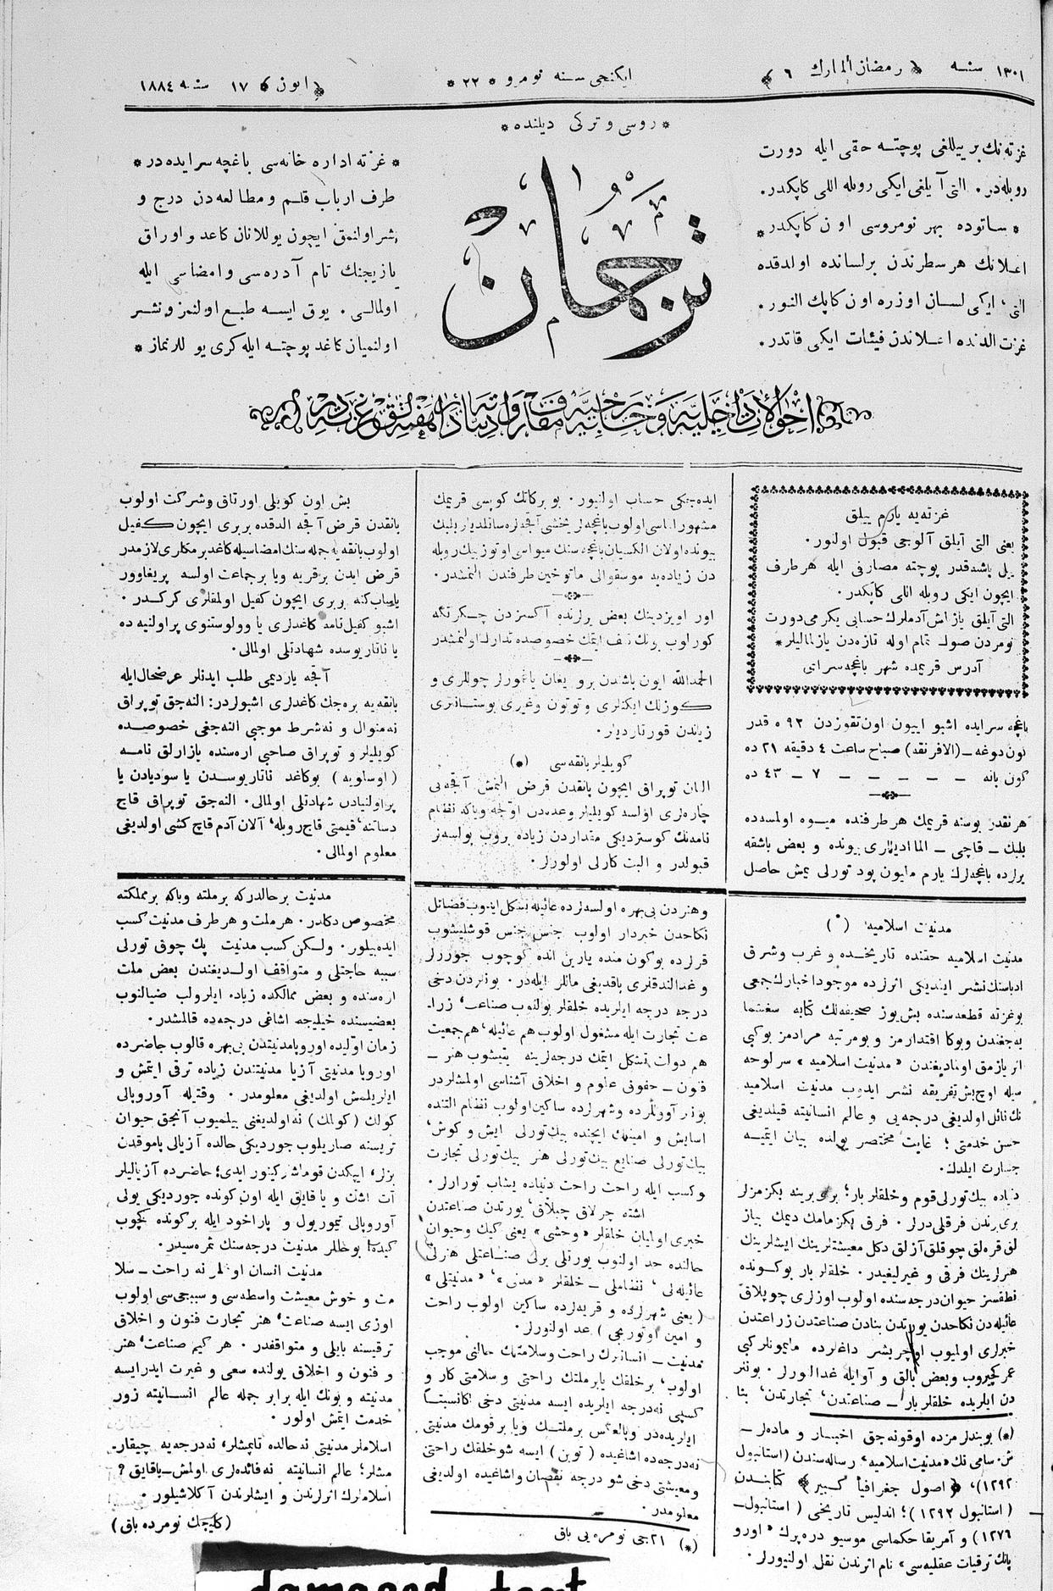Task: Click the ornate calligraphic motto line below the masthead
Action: pos(559,414)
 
